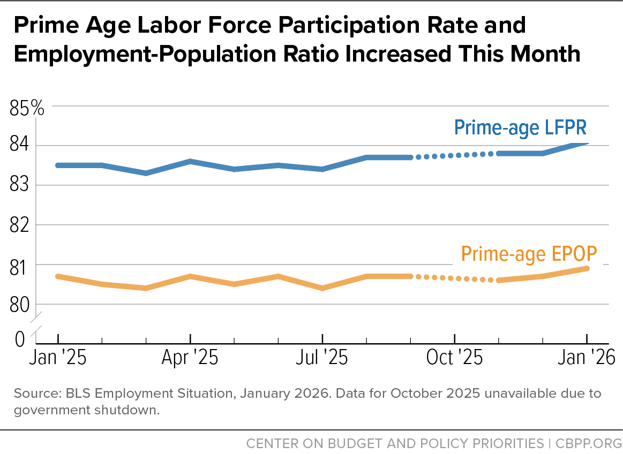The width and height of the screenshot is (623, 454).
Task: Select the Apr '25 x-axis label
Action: pos(190,357)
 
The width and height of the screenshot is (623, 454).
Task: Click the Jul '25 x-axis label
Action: pos(322,357)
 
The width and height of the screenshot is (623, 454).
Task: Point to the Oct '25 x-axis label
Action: pos(454,357)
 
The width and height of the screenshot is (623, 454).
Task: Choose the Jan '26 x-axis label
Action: pos(587,357)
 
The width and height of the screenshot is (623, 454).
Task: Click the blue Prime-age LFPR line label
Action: pos(520,128)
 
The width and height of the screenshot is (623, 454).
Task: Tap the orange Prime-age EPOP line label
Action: pos(529,254)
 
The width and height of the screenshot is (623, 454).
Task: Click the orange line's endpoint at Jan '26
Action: pos(587,268)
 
